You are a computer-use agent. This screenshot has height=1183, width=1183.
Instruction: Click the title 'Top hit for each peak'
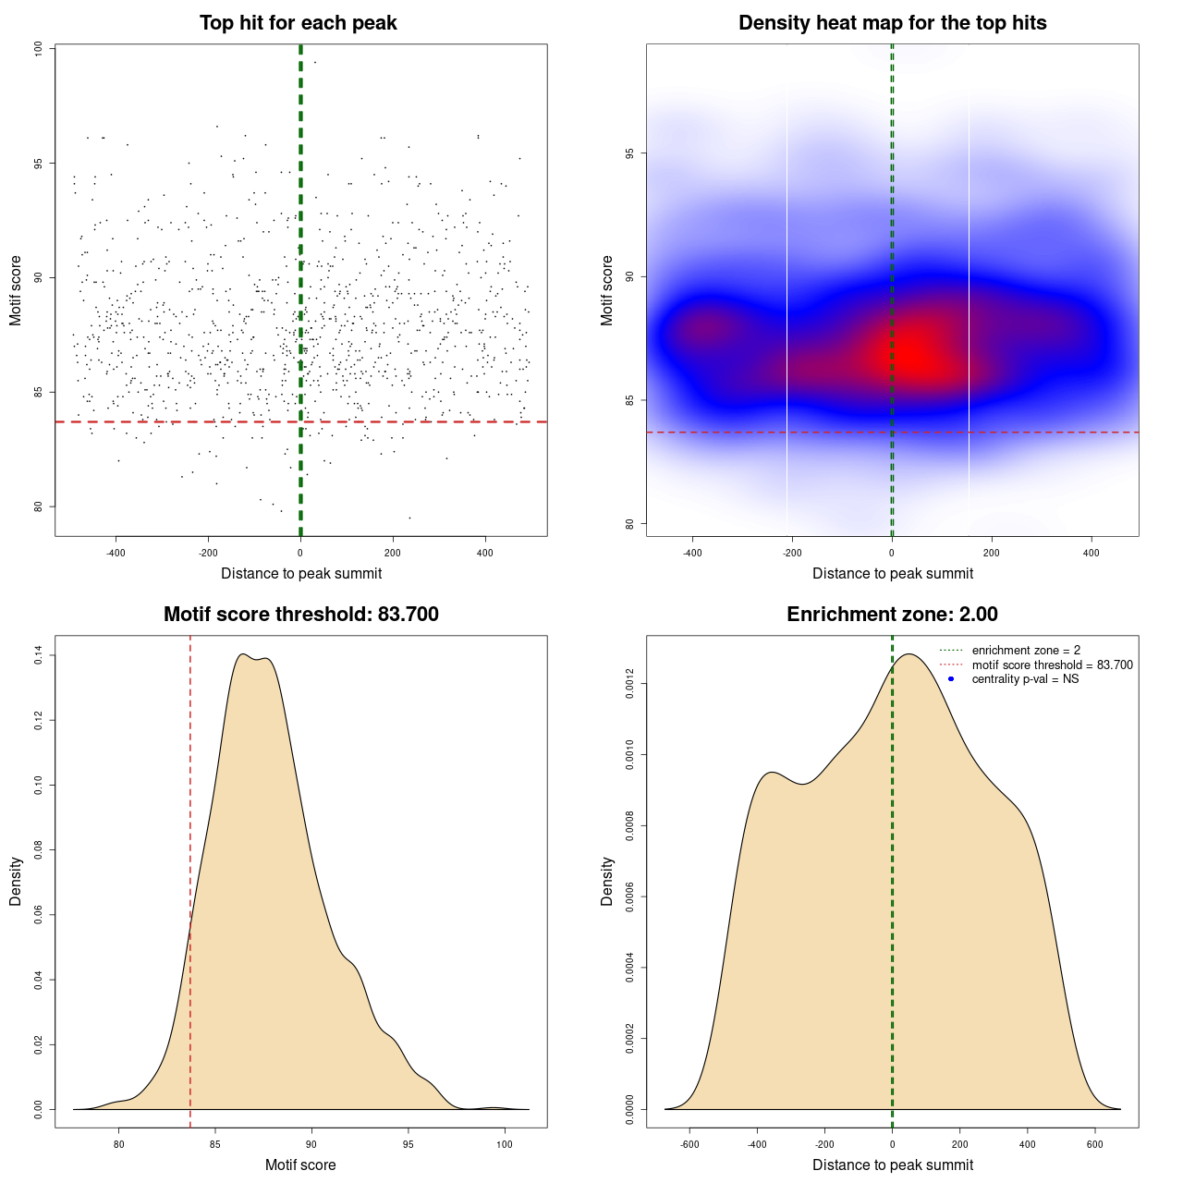pos(298,23)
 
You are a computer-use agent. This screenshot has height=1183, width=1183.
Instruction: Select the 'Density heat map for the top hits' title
pos(892,23)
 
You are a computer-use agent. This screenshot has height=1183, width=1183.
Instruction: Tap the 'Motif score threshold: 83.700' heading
pos(300,615)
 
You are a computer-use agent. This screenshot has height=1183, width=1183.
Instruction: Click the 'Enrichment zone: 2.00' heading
pos(892,615)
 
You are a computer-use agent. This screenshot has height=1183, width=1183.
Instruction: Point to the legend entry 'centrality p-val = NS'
pos(1025,679)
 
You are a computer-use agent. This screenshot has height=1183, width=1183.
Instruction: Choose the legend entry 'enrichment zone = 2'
pos(1026,651)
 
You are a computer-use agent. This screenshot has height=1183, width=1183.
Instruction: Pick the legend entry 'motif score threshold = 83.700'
pos(1052,665)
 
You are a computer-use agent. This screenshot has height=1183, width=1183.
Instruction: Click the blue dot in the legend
pos(951,679)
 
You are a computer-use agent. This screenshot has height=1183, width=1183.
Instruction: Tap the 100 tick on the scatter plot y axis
pos(39,49)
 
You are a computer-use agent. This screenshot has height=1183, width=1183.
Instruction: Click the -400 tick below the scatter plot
pos(116,553)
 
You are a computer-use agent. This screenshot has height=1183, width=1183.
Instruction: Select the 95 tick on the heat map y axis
pos(630,152)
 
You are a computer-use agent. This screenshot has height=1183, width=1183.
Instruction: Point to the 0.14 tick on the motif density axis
pos(39,655)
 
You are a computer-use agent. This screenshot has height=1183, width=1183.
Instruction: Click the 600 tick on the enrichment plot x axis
pos(1095,1144)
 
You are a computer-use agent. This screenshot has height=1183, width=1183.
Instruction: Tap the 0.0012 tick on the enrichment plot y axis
pos(630,684)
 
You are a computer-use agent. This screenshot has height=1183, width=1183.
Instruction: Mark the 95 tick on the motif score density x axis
pos(409,1144)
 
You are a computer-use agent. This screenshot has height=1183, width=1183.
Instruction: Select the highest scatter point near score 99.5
pos(314,62)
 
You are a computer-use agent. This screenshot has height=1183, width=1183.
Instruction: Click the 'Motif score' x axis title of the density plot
pos(300,1165)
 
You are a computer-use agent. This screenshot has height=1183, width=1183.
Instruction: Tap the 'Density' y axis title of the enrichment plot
pos(607,881)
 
